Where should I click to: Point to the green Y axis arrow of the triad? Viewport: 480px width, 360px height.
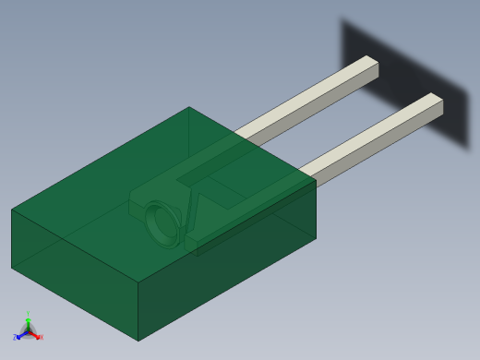(28, 318)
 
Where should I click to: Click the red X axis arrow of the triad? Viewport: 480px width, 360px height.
(38, 337)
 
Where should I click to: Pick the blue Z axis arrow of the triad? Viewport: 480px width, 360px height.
(18, 337)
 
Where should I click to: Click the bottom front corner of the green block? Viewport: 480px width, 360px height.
(138, 341)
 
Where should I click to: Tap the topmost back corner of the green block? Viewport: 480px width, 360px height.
(189, 107)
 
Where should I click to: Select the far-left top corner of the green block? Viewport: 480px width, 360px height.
(12, 210)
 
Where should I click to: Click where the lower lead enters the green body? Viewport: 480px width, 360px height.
(305, 174)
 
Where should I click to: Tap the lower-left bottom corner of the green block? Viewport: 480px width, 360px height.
(12, 268)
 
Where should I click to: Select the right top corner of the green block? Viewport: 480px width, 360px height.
(316, 180)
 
